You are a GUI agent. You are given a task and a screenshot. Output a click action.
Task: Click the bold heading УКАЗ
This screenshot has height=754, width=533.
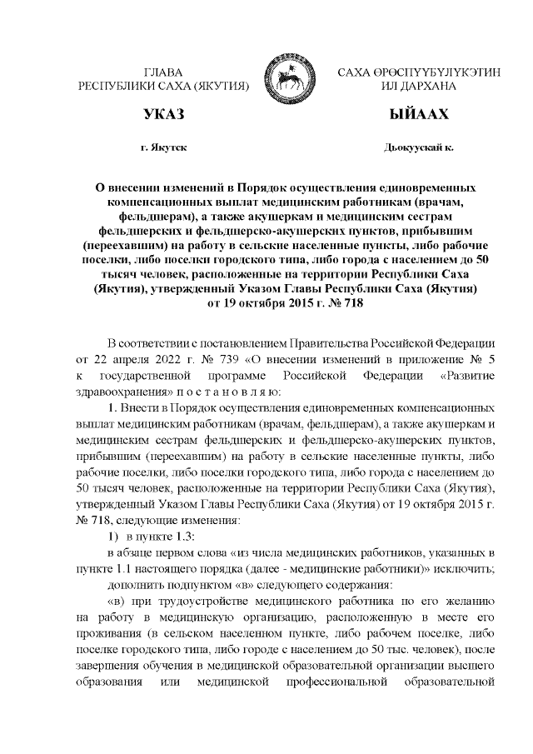[x=163, y=113]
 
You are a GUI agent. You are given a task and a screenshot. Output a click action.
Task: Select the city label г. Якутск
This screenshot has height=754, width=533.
[x=163, y=148]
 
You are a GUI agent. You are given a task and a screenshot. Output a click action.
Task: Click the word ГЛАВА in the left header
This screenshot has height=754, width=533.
[x=163, y=73]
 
